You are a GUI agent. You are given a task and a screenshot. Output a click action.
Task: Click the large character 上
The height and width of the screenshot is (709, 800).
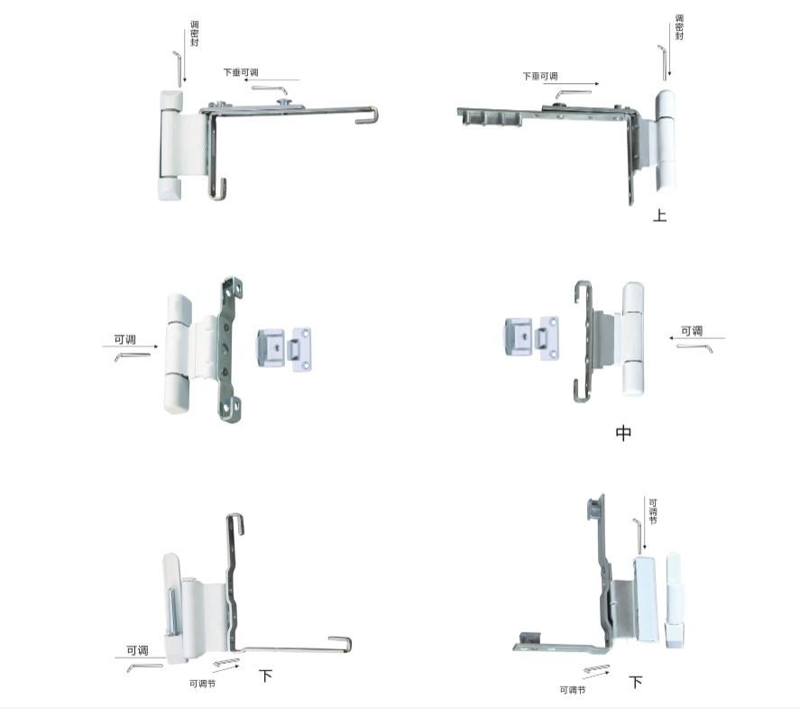pos(659,215)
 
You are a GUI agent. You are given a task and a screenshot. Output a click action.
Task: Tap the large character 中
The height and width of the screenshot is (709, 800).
pos(623,433)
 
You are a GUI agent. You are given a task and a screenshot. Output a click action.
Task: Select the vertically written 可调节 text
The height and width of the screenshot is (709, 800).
pos(653,511)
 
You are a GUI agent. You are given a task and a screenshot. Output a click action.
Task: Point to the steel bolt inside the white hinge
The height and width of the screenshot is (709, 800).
pos(170,612)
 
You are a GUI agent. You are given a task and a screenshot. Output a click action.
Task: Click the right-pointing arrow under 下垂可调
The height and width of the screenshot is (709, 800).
pos(571,83)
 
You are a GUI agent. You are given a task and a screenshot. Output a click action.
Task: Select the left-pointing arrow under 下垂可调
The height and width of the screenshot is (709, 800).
pos(271,79)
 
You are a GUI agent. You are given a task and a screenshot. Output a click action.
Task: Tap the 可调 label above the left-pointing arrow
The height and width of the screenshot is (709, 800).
pos(692,331)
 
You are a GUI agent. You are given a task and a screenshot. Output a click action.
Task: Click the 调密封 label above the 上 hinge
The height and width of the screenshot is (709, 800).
pos(679,27)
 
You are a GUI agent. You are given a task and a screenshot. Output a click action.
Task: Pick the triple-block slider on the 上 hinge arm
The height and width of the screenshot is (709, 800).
pos(491,118)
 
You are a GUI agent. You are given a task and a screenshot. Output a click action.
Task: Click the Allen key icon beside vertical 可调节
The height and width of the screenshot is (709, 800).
pos(638,536)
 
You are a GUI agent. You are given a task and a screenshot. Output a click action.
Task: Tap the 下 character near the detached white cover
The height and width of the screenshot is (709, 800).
pos(635,682)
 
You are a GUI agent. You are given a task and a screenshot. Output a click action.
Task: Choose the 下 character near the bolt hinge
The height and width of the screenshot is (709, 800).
pos(265,676)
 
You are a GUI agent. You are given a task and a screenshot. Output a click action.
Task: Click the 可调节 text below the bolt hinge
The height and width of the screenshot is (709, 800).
pos(202,684)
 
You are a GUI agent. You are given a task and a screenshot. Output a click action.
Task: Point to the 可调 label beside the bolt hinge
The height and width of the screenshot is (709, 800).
pos(137,650)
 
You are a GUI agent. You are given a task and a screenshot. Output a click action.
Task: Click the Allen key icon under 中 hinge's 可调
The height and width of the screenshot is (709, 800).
pos(694,347)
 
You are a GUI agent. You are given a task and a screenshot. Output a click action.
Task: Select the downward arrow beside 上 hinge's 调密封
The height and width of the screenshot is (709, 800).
pos(669,50)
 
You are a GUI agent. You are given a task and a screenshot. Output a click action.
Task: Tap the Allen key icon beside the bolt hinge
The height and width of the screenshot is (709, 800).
pos(145,668)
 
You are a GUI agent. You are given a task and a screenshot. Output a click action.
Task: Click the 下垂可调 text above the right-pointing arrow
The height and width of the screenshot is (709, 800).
pos(539,76)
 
